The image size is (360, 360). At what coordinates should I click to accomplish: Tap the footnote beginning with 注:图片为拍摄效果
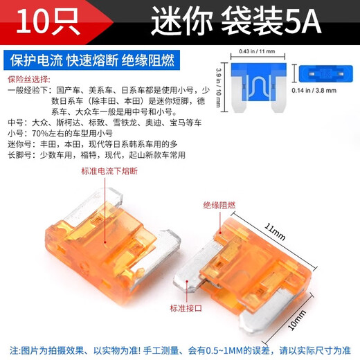click(180, 345)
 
